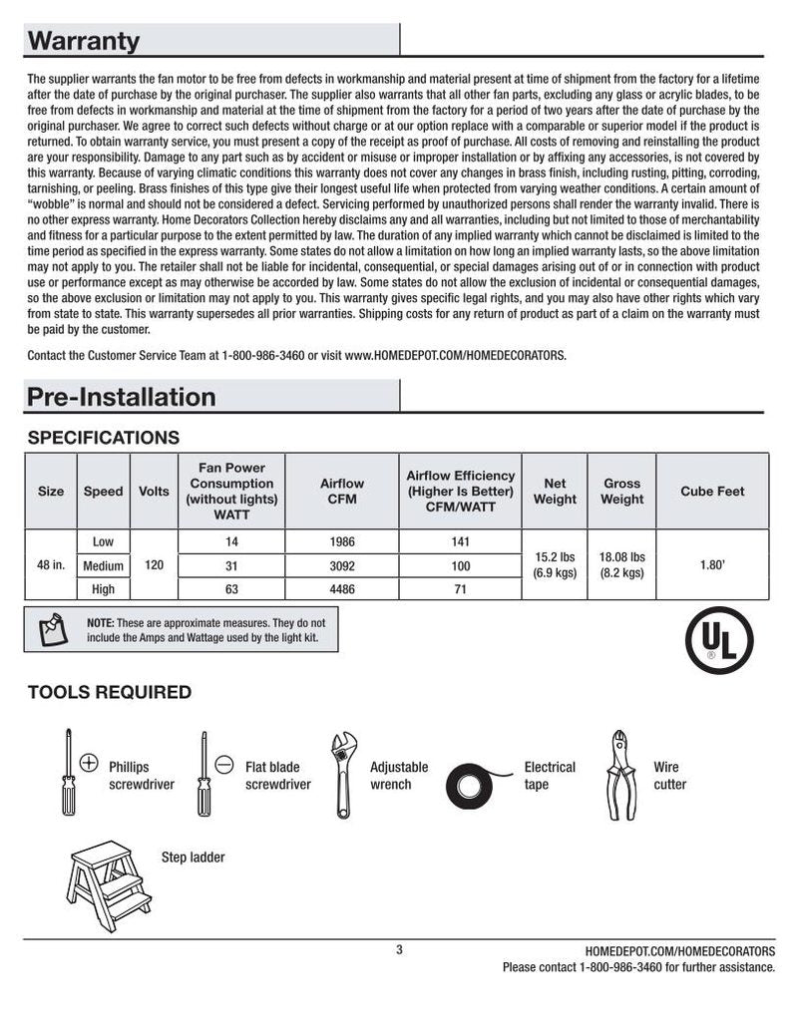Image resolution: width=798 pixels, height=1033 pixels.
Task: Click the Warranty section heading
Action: coord(84,41)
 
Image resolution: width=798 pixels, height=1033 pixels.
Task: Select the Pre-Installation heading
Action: coord(121,397)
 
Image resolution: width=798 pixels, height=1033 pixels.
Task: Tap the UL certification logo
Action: coord(719,641)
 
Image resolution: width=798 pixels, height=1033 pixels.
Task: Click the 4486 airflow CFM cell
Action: coord(342,589)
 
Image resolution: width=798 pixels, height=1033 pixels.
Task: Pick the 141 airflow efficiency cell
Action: coord(460,542)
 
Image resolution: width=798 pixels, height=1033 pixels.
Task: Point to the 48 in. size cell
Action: coord(51,565)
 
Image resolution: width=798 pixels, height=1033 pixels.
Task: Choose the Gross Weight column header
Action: coord(621,491)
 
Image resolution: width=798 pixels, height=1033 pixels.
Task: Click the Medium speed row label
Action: coord(103,565)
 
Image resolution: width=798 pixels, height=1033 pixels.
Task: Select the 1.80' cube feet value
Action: coord(712,565)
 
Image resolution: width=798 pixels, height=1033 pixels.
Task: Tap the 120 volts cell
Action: coord(154,565)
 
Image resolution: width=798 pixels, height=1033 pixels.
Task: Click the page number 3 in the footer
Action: coord(399,949)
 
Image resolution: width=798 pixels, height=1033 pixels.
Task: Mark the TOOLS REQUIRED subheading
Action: coord(110,692)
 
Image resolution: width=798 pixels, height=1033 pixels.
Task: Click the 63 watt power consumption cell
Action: coord(231,589)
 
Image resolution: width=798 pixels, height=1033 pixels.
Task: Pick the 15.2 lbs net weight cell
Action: coord(555,565)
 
